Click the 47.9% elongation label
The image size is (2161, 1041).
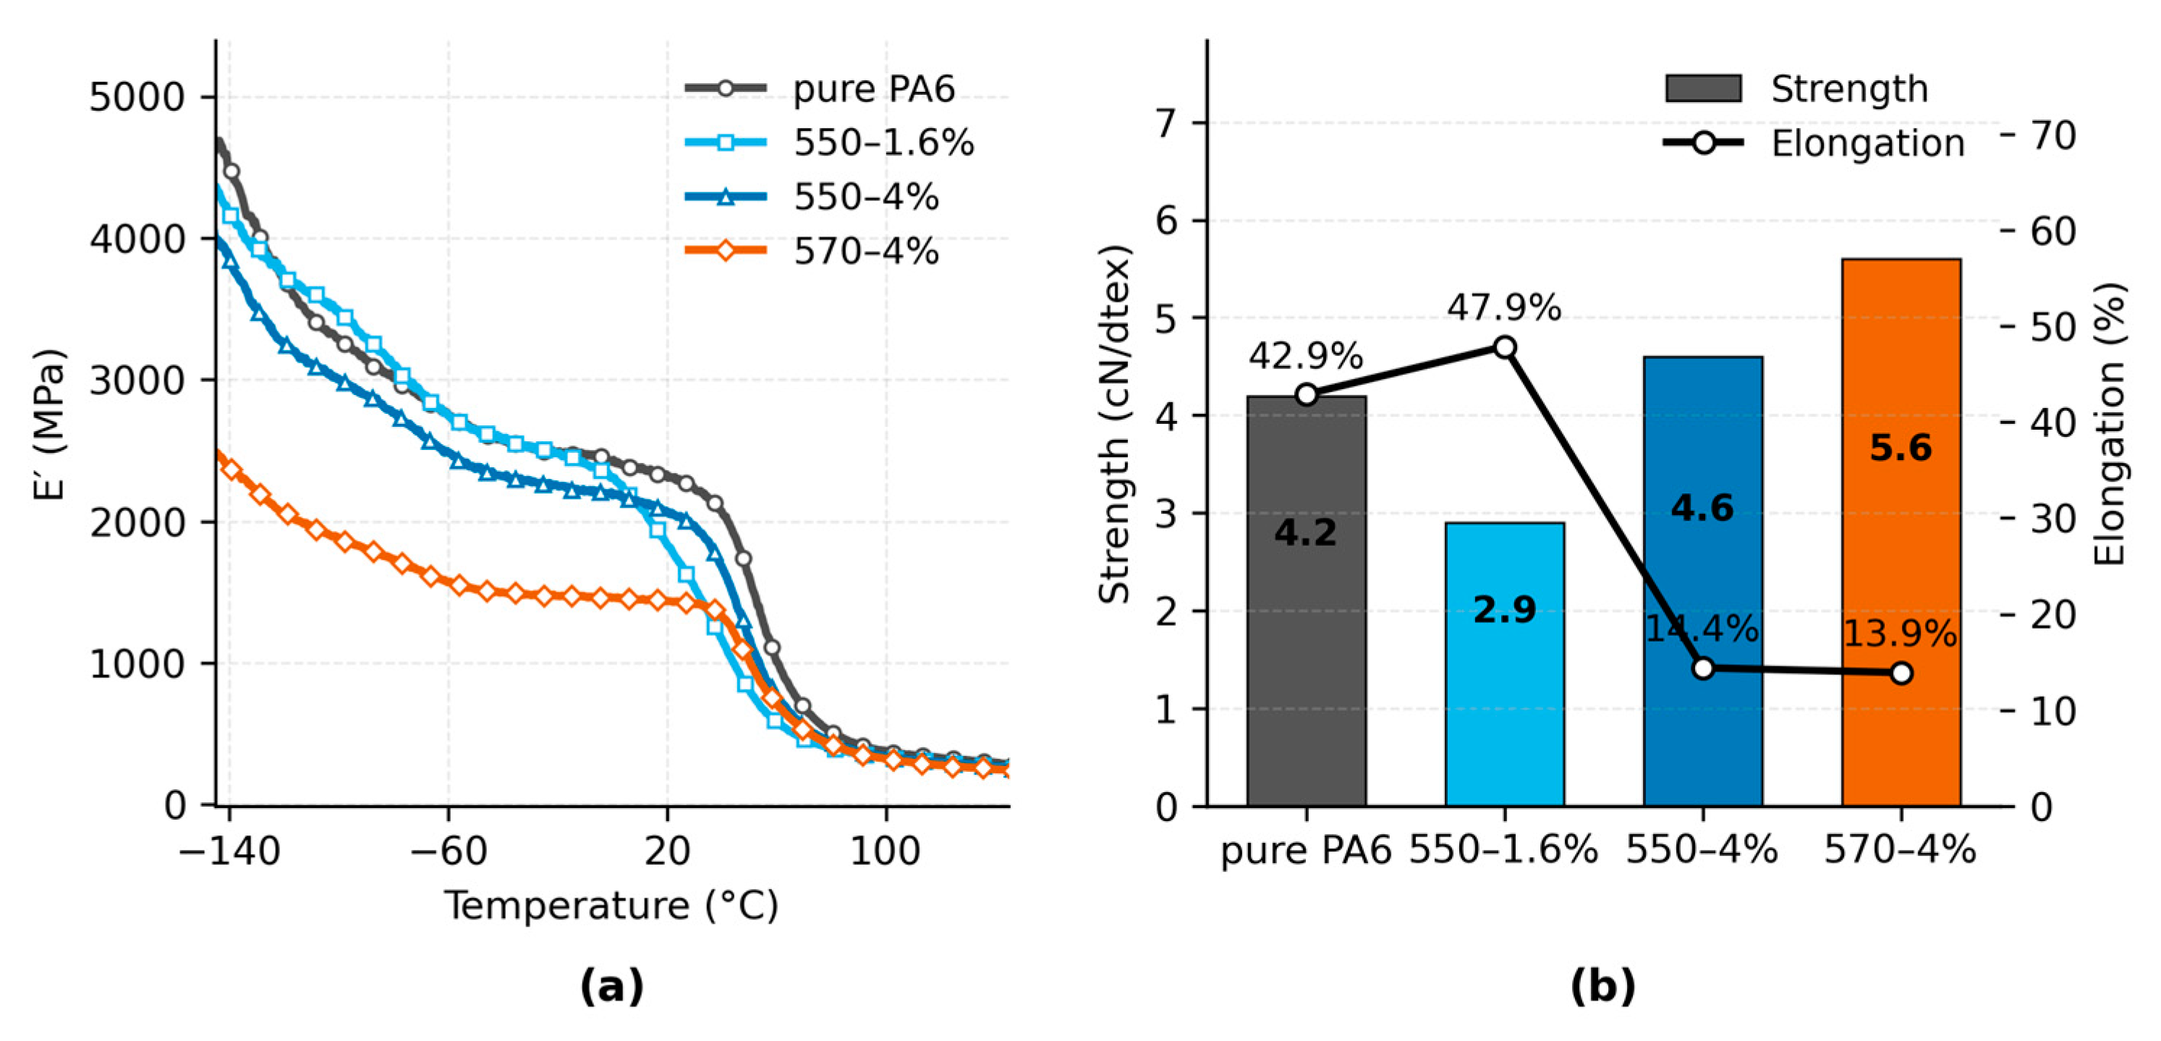pos(1503,308)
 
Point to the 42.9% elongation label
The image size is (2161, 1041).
pos(1305,357)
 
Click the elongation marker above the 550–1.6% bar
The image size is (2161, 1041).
pos(1505,347)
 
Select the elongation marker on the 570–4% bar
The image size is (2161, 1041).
pos(1901,673)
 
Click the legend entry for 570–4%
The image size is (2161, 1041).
pos(865,251)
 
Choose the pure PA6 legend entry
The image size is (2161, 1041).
pos(873,89)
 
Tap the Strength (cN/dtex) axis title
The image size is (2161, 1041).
pos(1115,424)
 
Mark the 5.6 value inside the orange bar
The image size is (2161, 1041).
pos(1901,448)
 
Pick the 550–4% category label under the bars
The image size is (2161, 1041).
pos(1702,851)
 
